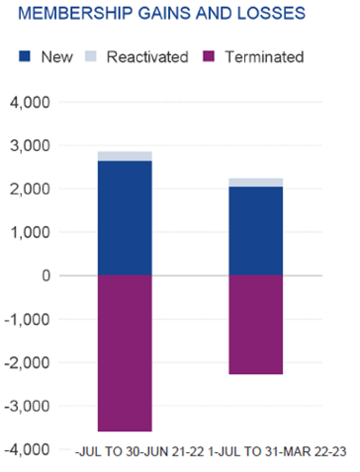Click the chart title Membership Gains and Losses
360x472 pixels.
[163, 13]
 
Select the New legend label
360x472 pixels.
[57, 57]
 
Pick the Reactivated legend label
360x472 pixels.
[147, 57]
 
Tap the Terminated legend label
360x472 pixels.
[264, 57]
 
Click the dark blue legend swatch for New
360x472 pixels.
[25, 57]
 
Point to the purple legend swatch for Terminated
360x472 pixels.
[208, 57]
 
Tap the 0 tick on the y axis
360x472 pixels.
[45, 275]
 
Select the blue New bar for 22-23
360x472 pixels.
[256, 231]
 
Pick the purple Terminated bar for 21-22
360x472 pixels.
[124, 353]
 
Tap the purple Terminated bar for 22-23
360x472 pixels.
[256, 324]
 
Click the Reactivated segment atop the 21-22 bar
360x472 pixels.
[124, 156]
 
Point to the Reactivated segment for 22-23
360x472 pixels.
[256, 183]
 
